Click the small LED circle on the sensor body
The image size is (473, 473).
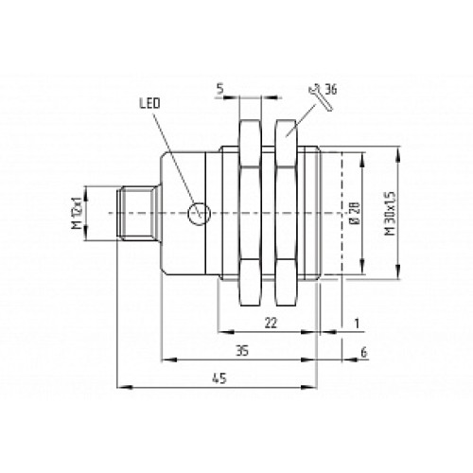(x=197, y=214)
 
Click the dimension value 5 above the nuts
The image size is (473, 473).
(x=219, y=91)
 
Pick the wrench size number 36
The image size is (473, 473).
(x=332, y=91)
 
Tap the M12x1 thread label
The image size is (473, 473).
(x=78, y=214)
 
